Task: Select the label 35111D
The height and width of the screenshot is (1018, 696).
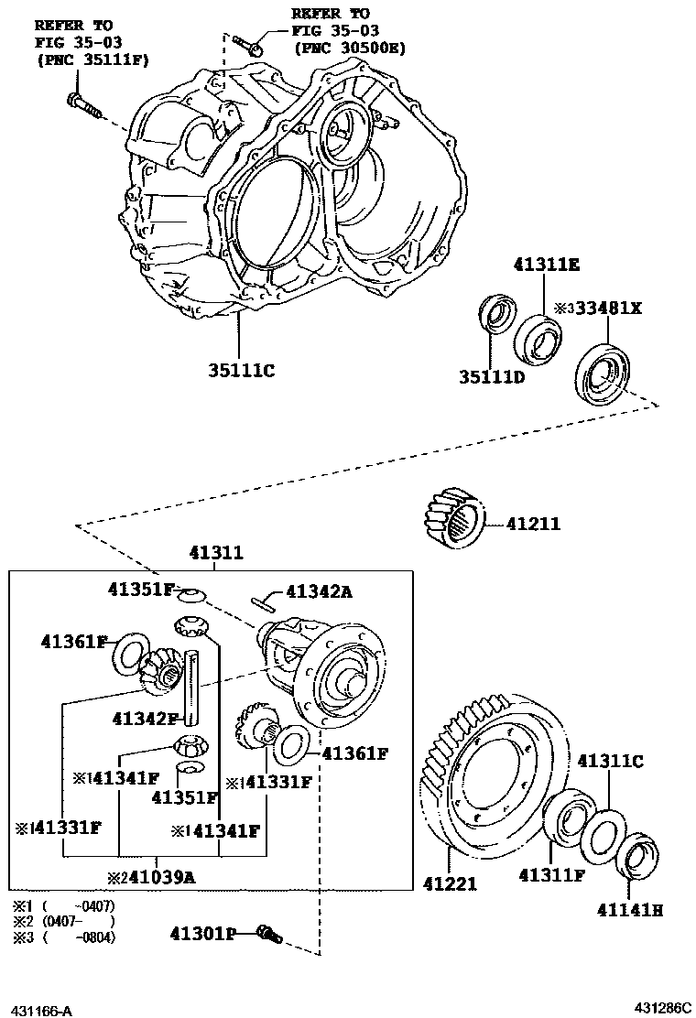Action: (x=493, y=377)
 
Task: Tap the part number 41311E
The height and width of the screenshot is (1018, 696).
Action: (x=546, y=265)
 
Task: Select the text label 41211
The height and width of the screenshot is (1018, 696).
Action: (x=533, y=525)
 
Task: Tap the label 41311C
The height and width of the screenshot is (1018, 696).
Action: (x=610, y=760)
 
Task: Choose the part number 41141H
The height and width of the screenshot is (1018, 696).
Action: (x=631, y=910)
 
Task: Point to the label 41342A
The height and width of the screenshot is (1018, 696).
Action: (x=319, y=591)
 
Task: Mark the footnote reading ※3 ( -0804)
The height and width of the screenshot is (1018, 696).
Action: (x=64, y=937)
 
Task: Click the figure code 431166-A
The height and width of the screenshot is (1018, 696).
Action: (x=41, y=1010)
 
